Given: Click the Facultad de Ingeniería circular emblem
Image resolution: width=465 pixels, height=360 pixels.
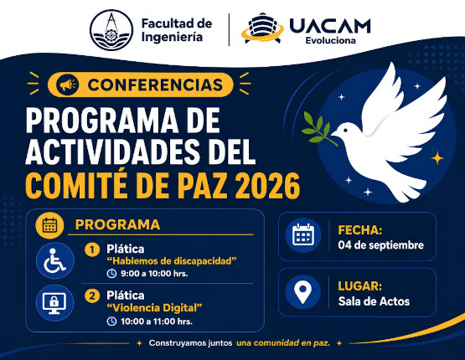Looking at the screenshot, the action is pyautogui.click(x=111, y=30).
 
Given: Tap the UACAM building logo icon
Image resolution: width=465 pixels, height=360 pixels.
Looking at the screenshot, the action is pyautogui.click(x=263, y=28).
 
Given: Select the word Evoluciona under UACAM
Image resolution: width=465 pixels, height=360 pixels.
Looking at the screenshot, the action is pyautogui.click(x=331, y=40).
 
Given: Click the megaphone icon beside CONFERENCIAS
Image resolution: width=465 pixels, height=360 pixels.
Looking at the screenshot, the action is pyautogui.click(x=67, y=85).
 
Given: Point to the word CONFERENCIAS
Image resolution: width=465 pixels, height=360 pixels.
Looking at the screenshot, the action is pyautogui.click(x=155, y=85).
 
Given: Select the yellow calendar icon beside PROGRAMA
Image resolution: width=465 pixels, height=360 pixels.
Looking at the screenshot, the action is pyautogui.click(x=49, y=225).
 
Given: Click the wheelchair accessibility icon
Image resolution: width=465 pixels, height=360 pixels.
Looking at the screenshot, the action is pyautogui.click(x=55, y=260).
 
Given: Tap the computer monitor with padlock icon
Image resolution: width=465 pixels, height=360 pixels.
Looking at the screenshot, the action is pyautogui.click(x=54, y=303).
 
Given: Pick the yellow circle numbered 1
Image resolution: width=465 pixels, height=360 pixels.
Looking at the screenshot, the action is pyautogui.click(x=92, y=249).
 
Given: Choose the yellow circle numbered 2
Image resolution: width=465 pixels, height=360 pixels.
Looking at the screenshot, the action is pyautogui.click(x=92, y=296).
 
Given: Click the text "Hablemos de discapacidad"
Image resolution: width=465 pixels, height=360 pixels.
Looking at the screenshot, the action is pyautogui.click(x=172, y=261).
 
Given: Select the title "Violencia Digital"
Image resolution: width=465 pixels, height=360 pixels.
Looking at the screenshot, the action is pyautogui.click(x=154, y=308).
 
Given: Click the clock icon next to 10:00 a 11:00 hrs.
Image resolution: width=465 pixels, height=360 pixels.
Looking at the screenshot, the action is pyautogui.click(x=111, y=321).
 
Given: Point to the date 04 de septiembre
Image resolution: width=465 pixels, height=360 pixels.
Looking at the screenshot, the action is pyautogui.click(x=380, y=245).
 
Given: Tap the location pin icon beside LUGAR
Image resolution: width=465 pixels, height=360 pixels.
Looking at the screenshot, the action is pyautogui.click(x=302, y=292).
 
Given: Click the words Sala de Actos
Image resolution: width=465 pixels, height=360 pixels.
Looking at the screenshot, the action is pyautogui.click(x=374, y=301).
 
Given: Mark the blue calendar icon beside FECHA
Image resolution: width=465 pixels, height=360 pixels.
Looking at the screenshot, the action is pyautogui.click(x=303, y=234).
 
